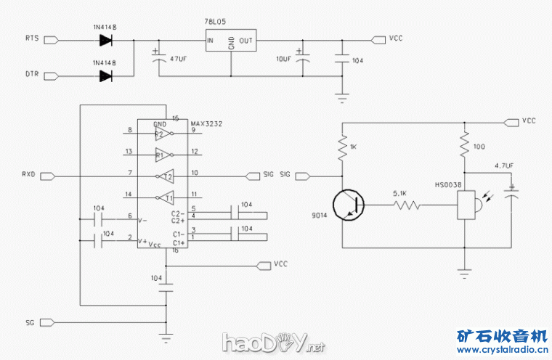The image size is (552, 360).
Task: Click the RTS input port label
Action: pyautogui.click(x=32, y=37)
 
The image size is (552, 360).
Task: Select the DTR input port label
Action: pyautogui.click(x=32, y=75)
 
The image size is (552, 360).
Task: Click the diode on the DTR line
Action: pyautogui.click(x=106, y=75)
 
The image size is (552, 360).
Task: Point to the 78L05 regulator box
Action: pyautogui.click(x=230, y=41)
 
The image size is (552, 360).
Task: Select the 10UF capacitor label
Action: pyautogui.click(x=284, y=57)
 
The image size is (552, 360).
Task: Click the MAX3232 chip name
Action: pyautogui.click(x=206, y=124)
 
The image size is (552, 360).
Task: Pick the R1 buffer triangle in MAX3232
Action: pyautogui.click(x=164, y=154)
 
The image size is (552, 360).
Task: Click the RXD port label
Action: pyautogui.click(x=28, y=175)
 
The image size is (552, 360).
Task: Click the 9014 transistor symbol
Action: pyautogui.click(x=349, y=205)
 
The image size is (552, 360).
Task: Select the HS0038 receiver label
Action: pyautogui.click(x=449, y=186)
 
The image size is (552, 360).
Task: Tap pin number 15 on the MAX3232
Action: pyautogui.click(x=175, y=118)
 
